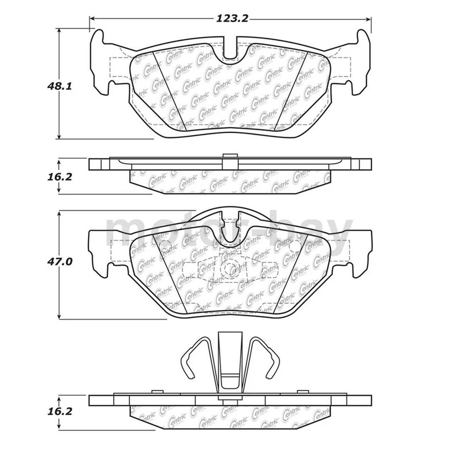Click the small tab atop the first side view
[x=230, y=156]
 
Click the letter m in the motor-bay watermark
[x=125, y=232]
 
